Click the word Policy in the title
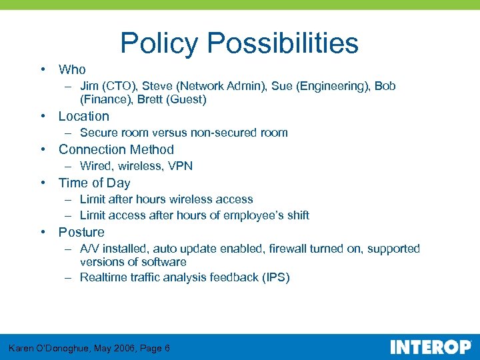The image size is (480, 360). click(x=160, y=43)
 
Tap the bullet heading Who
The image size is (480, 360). click(x=72, y=69)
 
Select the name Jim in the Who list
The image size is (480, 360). click(x=89, y=86)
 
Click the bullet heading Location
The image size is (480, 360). click(x=83, y=116)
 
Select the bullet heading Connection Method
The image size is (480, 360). click(x=116, y=149)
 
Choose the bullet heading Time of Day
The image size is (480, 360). click(x=94, y=183)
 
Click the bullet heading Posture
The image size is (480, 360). click(x=81, y=232)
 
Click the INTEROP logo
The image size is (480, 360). click(x=430, y=347)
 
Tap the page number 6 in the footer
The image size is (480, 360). click(x=167, y=348)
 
